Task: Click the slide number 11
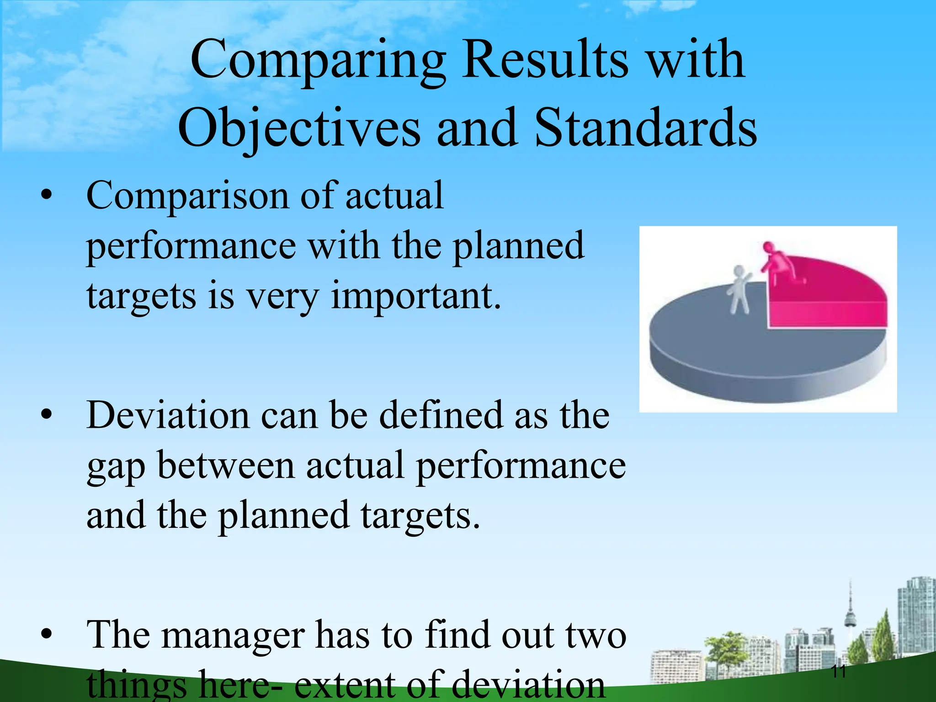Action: point(839,672)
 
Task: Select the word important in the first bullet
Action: point(415,296)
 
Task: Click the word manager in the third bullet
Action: point(234,635)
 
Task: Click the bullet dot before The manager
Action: point(46,634)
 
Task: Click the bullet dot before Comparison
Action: point(46,196)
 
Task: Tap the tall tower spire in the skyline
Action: point(850,608)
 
